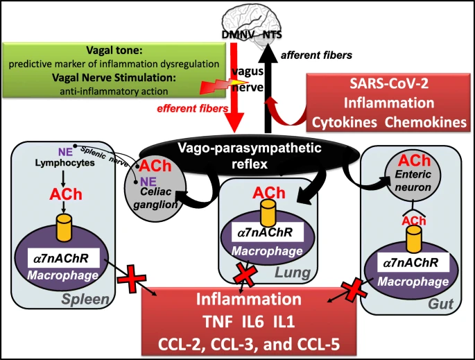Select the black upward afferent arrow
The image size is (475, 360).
click(266, 90)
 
